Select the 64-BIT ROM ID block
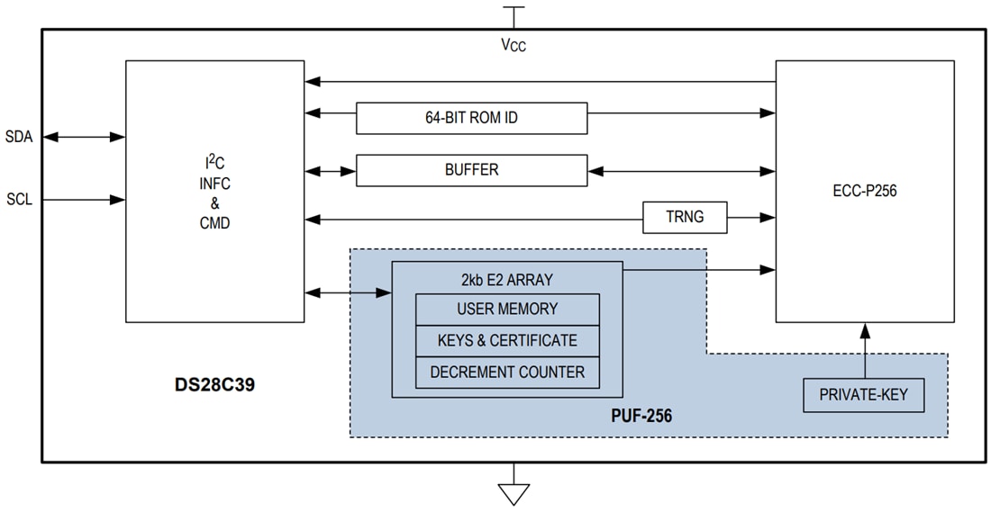(x=471, y=118)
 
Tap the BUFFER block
(x=471, y=170)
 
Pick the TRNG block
(x=685, y=217)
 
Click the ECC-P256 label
(x=864, y=191)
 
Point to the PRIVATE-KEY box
(x=863, y=395)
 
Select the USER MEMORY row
(x=507, y=309)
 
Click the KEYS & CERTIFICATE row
(x=507, y=340)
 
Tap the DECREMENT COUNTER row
(x=507, y=372)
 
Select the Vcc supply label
(x=514, y=46)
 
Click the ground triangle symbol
(x=514, y=494)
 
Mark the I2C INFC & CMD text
(x=214, y=192)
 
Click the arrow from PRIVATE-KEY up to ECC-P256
(x=864, y=350)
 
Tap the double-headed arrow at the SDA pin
(x=84, y=137)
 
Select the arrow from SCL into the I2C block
(x=84, y=199)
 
